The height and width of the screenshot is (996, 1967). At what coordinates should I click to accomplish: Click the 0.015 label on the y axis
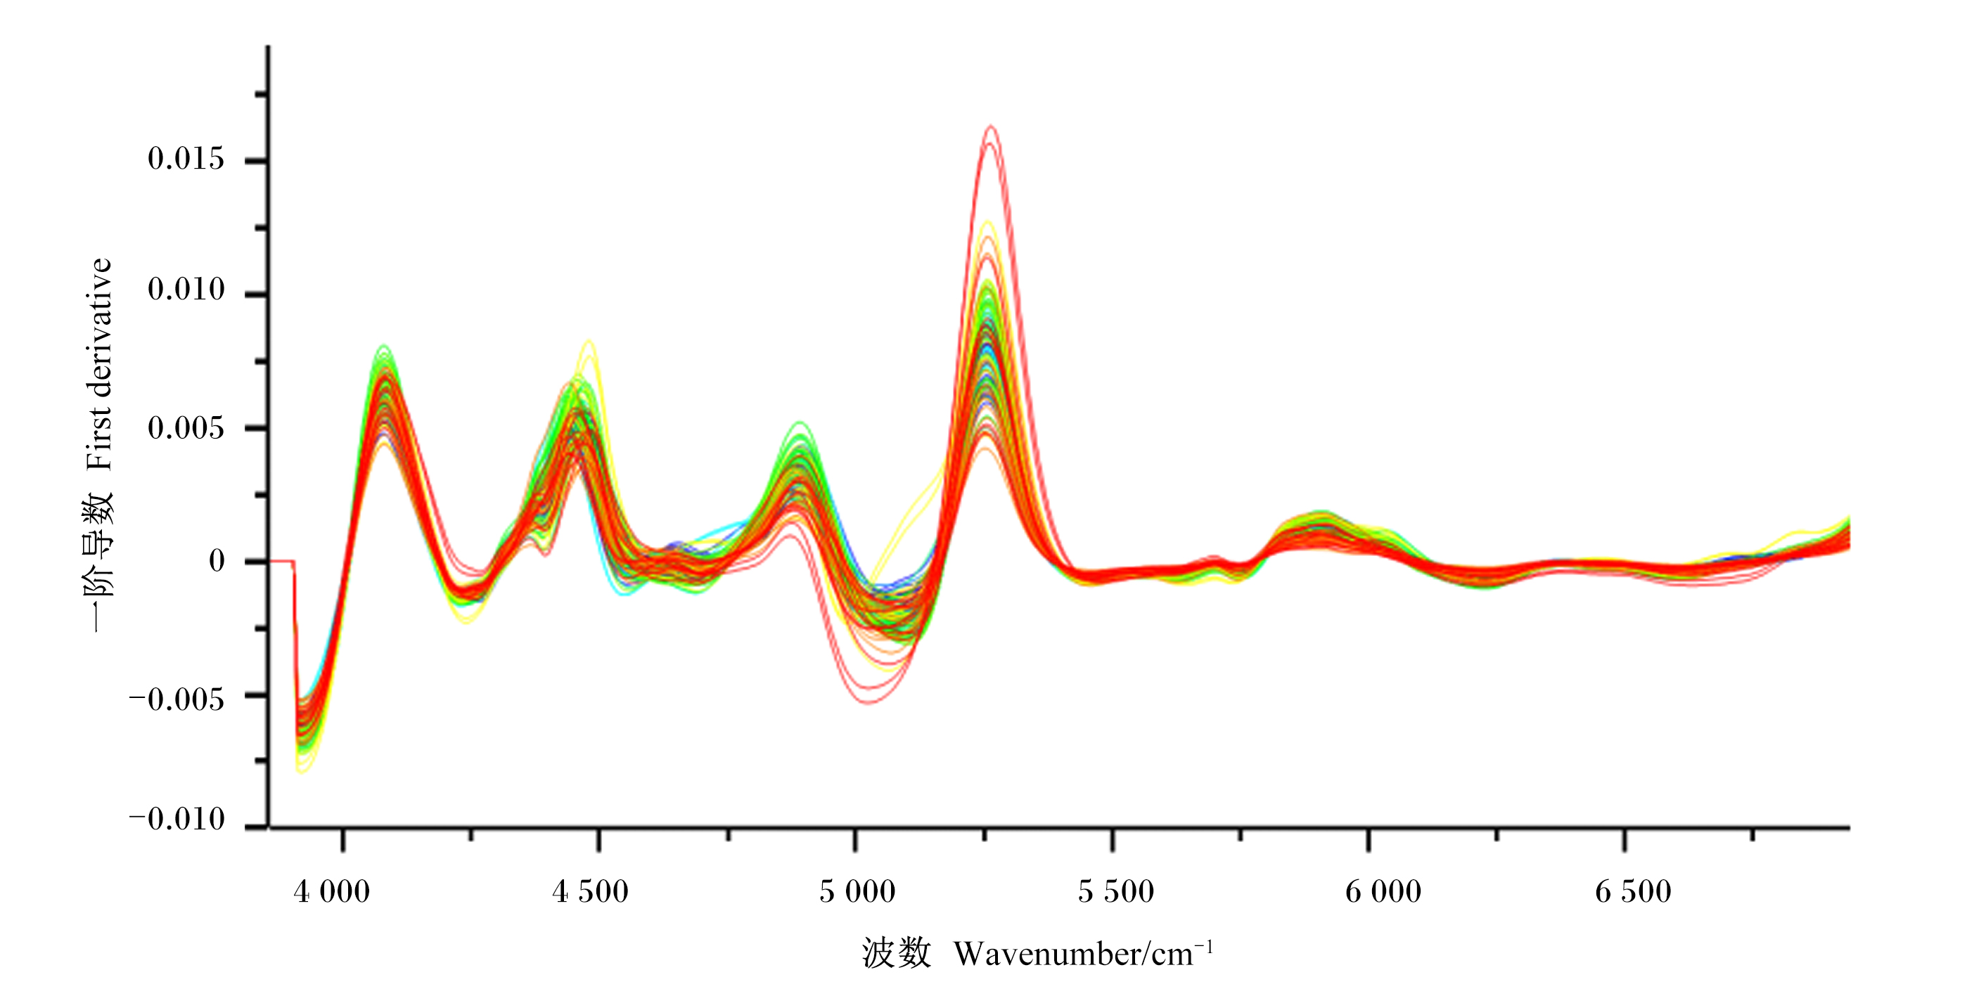[x=186, y=159]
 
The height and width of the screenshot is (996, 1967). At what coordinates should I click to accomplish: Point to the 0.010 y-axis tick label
[x=186, y=290]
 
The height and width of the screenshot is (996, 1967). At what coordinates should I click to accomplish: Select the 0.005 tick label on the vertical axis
[x=186, y=427]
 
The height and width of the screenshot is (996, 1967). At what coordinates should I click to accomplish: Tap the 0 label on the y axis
[x=217, y=561]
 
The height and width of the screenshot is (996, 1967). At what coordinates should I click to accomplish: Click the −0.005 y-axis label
[x=177, y=699]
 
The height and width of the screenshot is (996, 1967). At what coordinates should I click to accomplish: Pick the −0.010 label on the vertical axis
[x=177, y=819]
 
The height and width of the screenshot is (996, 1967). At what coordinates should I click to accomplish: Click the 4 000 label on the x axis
[x=331, y=891]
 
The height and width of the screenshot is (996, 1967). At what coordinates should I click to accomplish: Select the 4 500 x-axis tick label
[x=590, y=891]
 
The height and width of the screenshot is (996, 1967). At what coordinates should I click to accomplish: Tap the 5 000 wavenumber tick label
[x=857, y=891]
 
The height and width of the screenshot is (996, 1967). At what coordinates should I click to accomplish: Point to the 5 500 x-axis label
[x=1115, y=891]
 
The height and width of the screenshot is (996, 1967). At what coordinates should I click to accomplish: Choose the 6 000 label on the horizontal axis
[x=1383, y=891]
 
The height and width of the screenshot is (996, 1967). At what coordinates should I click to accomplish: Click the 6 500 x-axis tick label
[x=1634, y=891]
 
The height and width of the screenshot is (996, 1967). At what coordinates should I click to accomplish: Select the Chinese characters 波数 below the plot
[x=897, y=953]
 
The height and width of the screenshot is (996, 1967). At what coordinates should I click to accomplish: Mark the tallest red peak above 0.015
[x=990, y=126]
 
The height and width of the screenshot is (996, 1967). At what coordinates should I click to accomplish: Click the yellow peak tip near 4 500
[x=589, y=341]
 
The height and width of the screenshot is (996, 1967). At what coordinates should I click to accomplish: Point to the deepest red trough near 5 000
[x=869, y=702]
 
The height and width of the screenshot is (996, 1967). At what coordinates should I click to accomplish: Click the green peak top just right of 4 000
[x=383, y=347]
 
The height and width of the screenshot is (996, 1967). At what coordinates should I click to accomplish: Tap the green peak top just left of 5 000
[x=800, y=423]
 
